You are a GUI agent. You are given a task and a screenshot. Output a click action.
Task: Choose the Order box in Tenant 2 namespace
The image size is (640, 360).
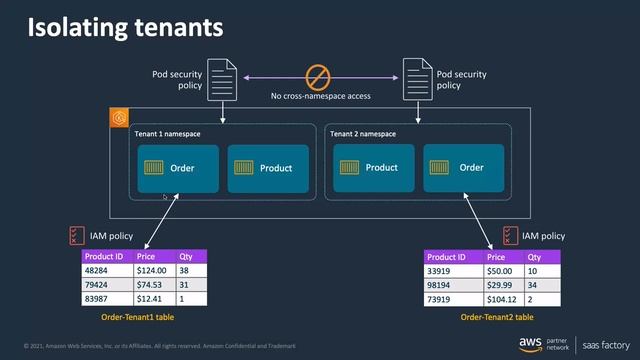(464, 168)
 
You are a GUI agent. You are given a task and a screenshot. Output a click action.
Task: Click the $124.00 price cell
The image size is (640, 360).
(152, 270)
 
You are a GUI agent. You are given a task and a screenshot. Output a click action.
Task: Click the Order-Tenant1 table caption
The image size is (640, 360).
(144, 316)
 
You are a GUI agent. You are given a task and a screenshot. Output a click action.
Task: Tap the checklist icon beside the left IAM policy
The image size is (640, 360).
(76, 235)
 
